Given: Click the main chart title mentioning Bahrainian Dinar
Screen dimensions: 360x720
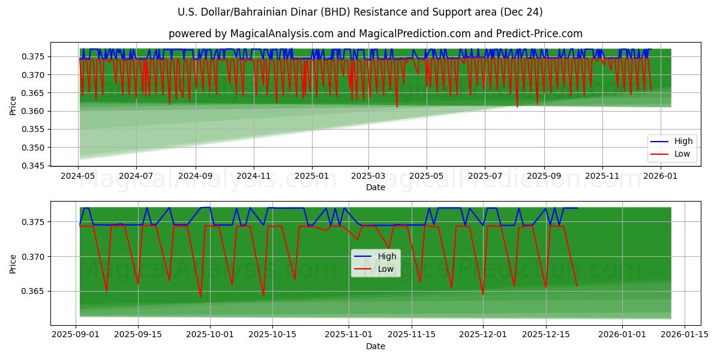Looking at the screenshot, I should pyautogui.click(x=360, y=12).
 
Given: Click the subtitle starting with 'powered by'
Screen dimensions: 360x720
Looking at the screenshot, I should pyautogui.click(x=376, y=34).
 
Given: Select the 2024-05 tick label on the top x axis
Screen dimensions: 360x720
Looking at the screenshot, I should pyautogui.click(x=79, y=176).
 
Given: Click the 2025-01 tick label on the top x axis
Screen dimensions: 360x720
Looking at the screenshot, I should pyautogui.click(x=311, y=176).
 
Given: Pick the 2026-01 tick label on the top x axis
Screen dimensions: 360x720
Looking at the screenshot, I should pyautogui.click(x=661, y=176).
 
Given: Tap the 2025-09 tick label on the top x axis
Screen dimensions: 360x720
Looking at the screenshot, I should pyautogui.click(x=544, y=176).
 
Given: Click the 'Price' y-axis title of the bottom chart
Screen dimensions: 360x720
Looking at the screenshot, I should pyautogui.click(x=13, y=264).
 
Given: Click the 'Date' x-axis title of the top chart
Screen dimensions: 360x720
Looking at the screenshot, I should pyautogui.click(x=376, y=187).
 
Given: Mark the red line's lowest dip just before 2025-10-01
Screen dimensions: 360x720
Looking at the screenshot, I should pyautogui.click(x=200, y=296).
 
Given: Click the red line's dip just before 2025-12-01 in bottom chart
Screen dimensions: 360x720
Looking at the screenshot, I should pyautogui.click(x=482, y=294).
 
